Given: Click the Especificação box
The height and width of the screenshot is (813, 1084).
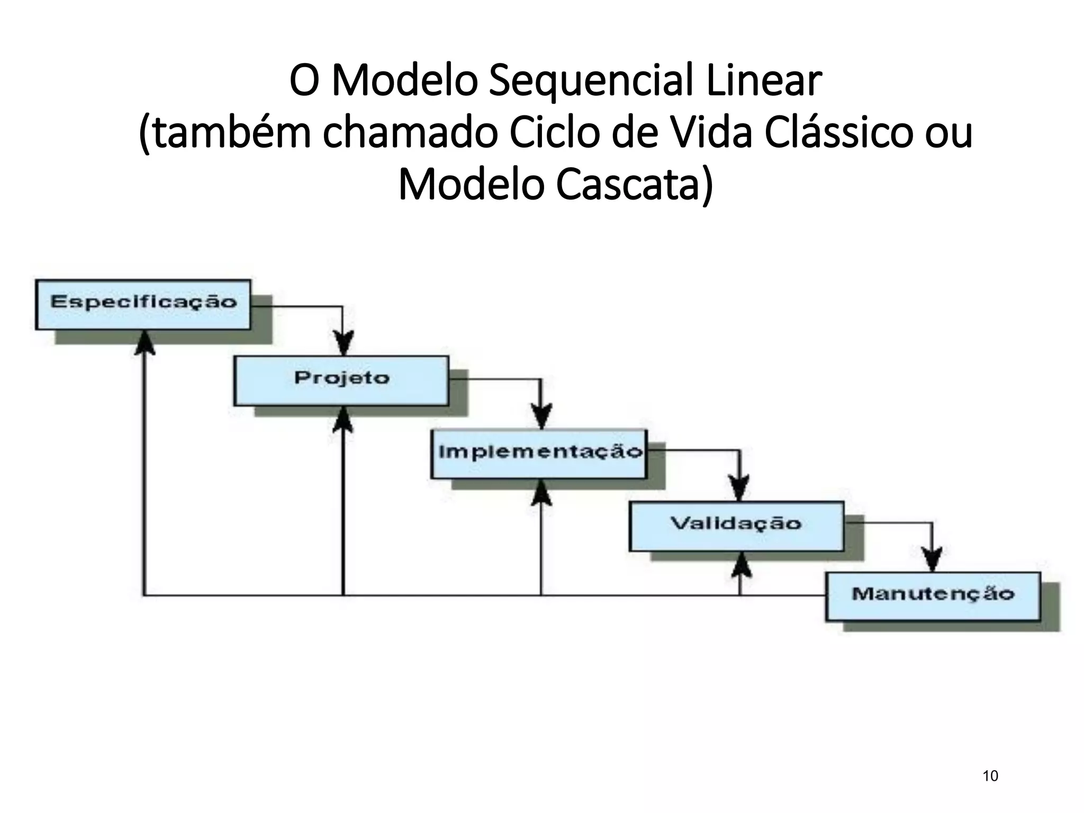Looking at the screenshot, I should click(x=143, y=304).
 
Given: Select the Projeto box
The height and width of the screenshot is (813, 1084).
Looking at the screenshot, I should click(x=341, y=380).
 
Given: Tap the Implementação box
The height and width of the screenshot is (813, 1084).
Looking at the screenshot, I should click(x=539, y=454).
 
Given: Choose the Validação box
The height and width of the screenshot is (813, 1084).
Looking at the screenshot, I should click(x=736, y=526).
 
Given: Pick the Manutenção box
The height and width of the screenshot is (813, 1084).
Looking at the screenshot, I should click(x=933, y=596).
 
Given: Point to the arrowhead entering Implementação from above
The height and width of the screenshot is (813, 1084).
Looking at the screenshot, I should click(x=541, y=417).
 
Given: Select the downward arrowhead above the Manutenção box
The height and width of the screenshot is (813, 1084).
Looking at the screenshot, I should click(x=932, y=560).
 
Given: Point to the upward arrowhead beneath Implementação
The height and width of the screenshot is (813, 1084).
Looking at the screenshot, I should click(x=541, y=493).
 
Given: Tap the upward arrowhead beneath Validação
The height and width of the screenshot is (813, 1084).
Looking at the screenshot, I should click(x=740, y=565).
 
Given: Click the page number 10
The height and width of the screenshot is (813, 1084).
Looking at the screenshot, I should click(x=990, y=776).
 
